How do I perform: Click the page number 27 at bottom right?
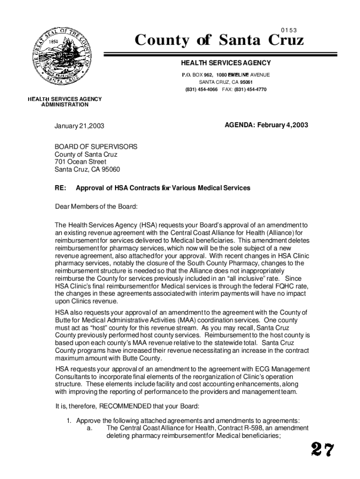323,450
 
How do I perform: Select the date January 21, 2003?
79,126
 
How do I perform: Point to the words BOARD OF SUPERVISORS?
96,146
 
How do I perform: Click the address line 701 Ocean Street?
80,162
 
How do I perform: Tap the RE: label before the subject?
60,188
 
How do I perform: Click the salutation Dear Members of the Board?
96,206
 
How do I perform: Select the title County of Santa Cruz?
219,41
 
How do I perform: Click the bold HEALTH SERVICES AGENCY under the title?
226,63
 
